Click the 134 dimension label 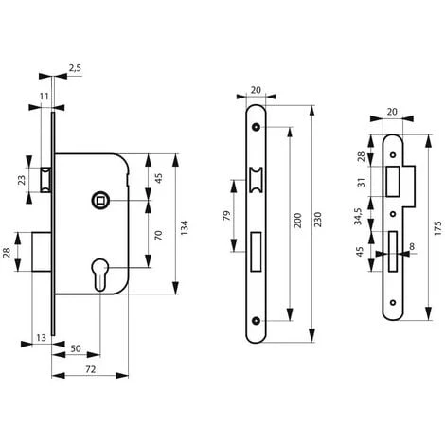coord(184,227)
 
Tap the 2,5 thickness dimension coord(75,67)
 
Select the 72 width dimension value coord(90,369)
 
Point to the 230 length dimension coord(317,220)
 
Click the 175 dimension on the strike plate coord(437,228)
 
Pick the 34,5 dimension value coord(358,216)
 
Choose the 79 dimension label coord(226,216)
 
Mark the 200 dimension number coord(297,221)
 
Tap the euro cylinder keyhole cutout coord(100,275)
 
